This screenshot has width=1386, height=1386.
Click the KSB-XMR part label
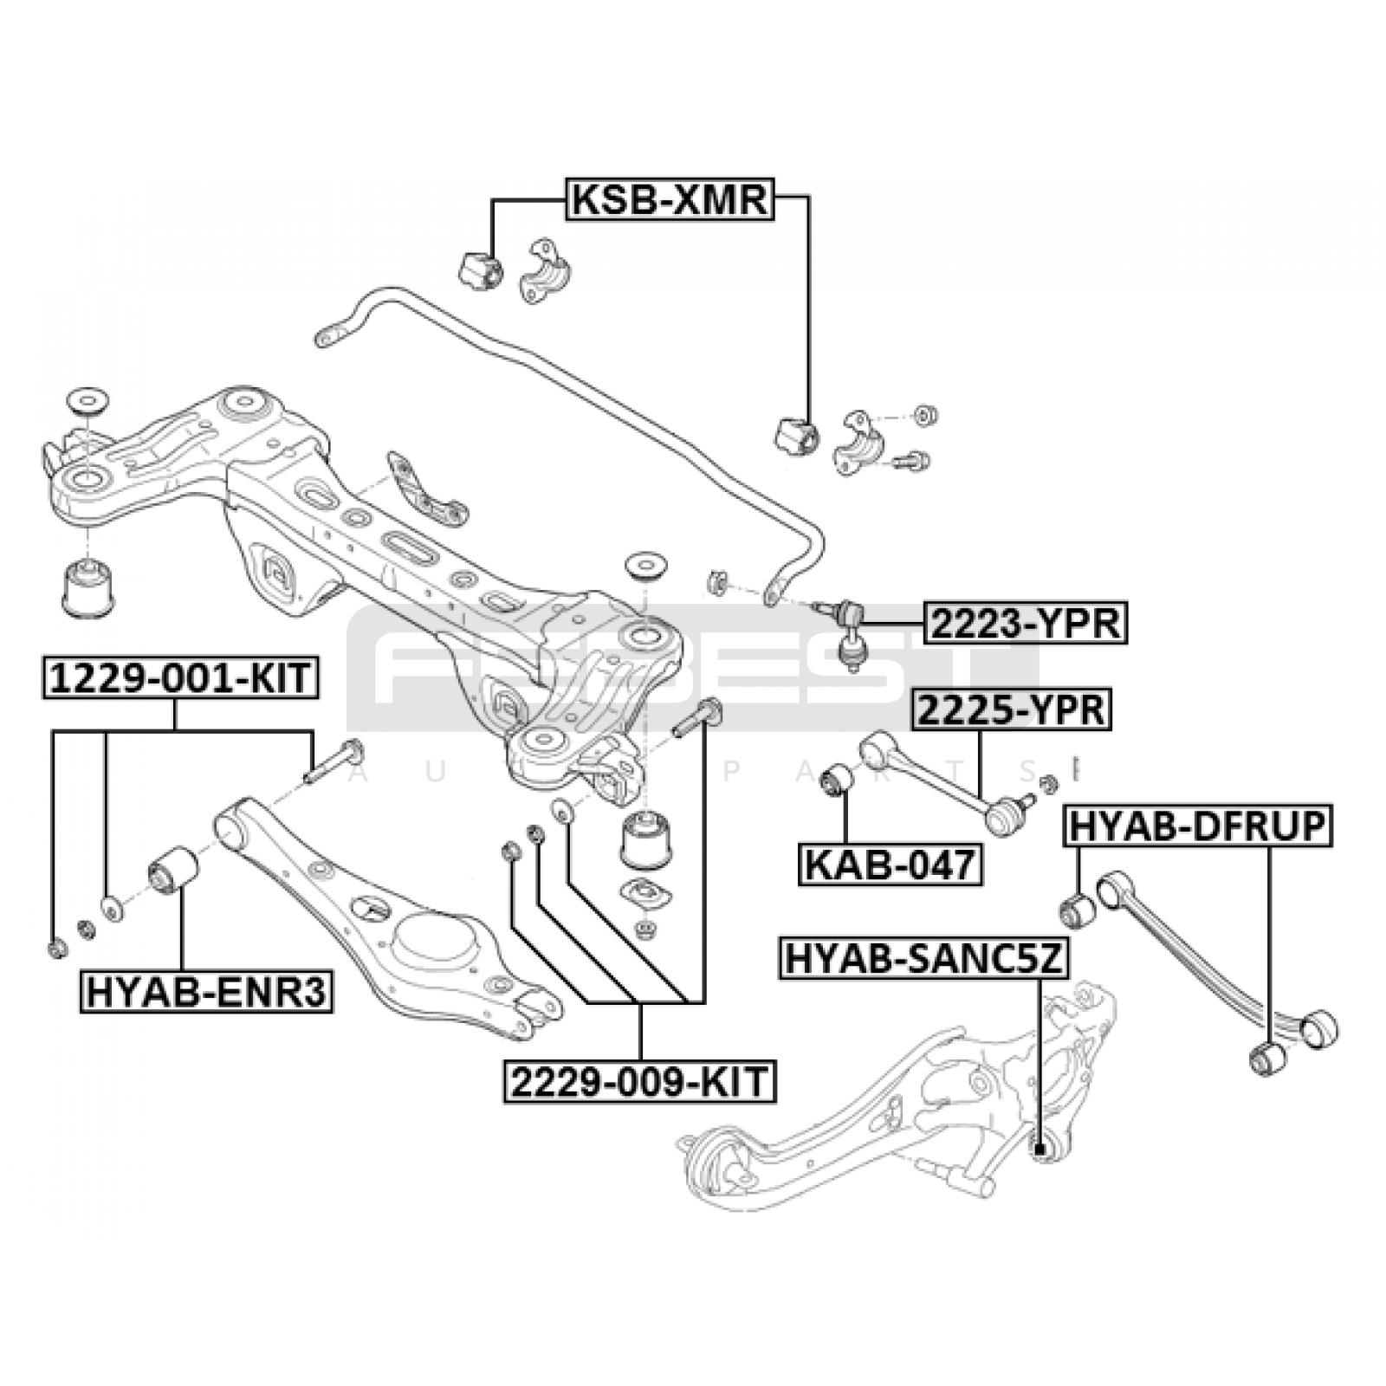[x=669, y=199]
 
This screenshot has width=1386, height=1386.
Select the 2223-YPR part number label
[x=1026, y=623]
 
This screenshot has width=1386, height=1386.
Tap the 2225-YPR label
[x=1011, y=710]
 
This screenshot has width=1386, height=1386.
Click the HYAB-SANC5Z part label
[x=924, y=959]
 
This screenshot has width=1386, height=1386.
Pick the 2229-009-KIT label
[x=640, y=1081]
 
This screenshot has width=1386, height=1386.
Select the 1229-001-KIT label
[x=180, y=677]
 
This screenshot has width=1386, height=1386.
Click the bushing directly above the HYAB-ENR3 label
[x=173, y=869]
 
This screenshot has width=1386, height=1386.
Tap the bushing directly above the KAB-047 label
[x=837, y=780]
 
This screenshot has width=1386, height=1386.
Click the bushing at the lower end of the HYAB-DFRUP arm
[x=1269, y=1058]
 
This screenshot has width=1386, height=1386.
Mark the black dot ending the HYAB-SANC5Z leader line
[x=1039, y=1150]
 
